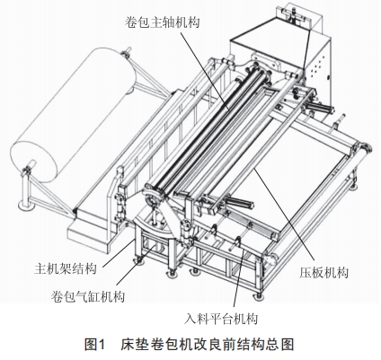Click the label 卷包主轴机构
click(163, 22)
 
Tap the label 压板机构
click(323, 272)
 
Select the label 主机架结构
click(66, 268)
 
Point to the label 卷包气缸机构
click(88, 296)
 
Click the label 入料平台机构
click(221, 319)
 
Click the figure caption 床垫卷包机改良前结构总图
click(207, 344)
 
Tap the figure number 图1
click(95, 344)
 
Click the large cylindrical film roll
click(74, 115)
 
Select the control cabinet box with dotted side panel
click(281, 65)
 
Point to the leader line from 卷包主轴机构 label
click(204, 70)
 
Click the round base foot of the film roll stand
click(26, 206)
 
